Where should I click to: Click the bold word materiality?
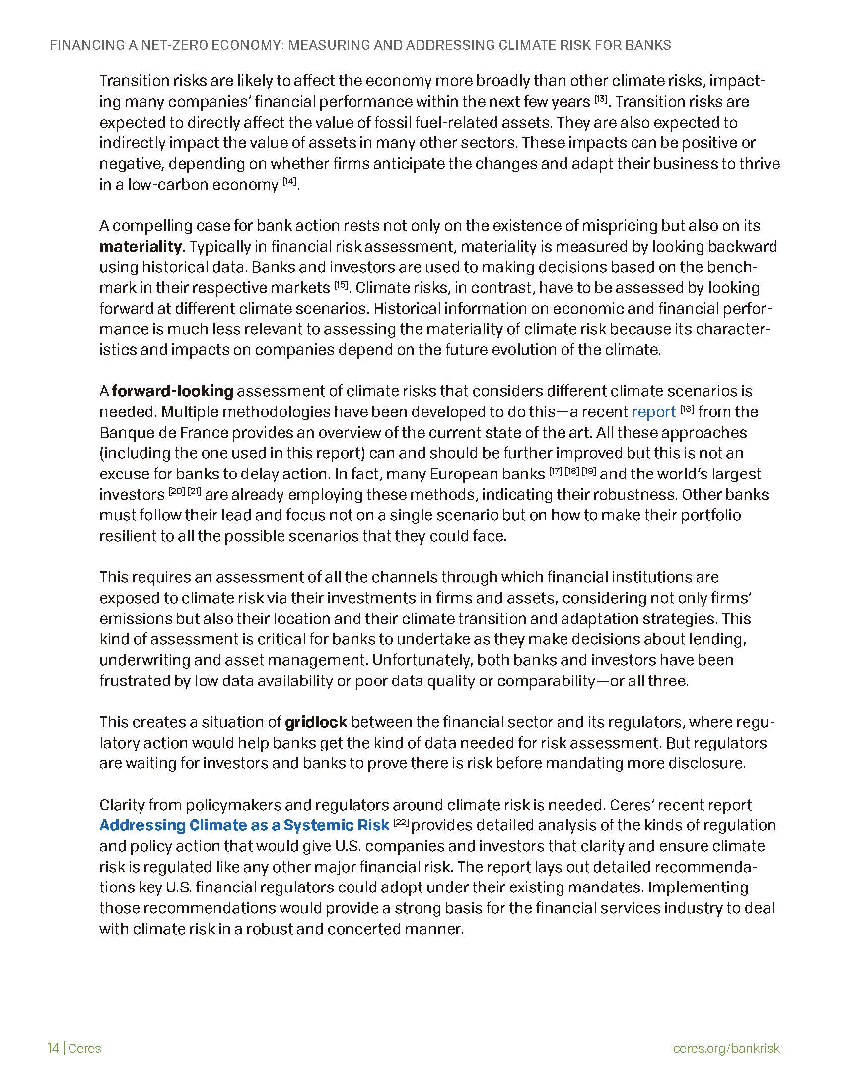pos(140,247)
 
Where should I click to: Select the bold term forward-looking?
pos(172,391)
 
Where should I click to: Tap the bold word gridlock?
pos(315,722)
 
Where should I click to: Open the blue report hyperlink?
pos(653,412)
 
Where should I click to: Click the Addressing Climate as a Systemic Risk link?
pos(244,825)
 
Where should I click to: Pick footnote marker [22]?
pos(402,822)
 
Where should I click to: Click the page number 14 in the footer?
pos(53,1044)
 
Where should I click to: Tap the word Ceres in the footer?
pos(84,1044)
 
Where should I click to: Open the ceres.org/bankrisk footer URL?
pos(726,1044)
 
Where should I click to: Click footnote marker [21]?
pos(194,492)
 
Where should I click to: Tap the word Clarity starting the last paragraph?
pos(122,805)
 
